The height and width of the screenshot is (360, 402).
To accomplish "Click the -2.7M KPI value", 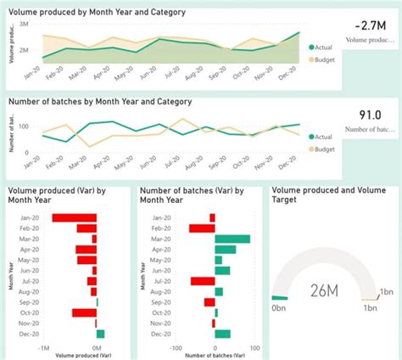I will tap(371, 25).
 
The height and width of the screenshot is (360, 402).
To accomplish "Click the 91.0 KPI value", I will tap(371, 115).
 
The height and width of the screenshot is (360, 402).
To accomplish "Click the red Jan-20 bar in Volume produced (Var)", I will tap(74, 218).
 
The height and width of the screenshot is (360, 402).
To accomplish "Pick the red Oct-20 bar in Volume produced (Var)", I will tap(84, 312).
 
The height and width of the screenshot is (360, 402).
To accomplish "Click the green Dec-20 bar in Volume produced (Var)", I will tap(100, 334).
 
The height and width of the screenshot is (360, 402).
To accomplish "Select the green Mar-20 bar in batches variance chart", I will tap(232, 239).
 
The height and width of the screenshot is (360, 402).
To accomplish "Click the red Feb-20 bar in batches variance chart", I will tap(202, 228).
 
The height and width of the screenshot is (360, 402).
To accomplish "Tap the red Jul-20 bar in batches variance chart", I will tap(203, 281).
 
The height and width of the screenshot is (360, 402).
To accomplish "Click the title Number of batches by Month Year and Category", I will tap(100, 101).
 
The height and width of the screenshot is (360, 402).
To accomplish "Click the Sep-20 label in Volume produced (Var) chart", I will tap(25, 302).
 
